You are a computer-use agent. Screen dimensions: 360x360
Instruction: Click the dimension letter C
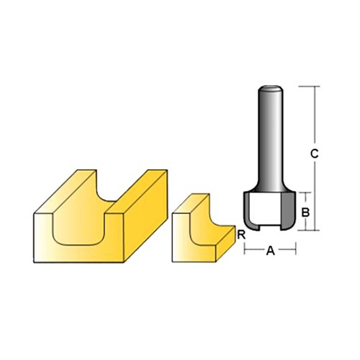(x=314, y=153)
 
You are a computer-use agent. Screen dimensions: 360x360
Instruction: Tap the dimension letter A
(x=271, y=251)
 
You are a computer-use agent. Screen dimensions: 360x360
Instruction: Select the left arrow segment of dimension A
(x=252, y=251)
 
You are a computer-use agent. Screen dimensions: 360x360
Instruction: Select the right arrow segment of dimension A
(x=288, y=251)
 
